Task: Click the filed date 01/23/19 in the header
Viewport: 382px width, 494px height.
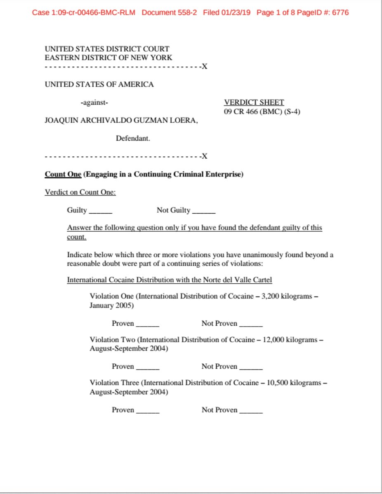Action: pos(235,12)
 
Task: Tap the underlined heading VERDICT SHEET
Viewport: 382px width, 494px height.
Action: pos(254,103)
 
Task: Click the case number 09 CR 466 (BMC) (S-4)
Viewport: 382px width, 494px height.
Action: pos(262,111)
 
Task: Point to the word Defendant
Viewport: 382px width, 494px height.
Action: pos(133,139)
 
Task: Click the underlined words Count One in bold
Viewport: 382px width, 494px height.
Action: pos(63,174)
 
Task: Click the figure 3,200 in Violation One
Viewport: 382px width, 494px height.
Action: pos(270,296)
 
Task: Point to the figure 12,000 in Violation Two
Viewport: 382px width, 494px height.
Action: pos(272,340)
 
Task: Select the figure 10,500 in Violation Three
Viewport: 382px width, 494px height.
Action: pos(274,383)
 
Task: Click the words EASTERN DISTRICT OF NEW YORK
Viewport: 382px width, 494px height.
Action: pos(108,58)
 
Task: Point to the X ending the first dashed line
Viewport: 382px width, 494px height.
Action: pos(204,67)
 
